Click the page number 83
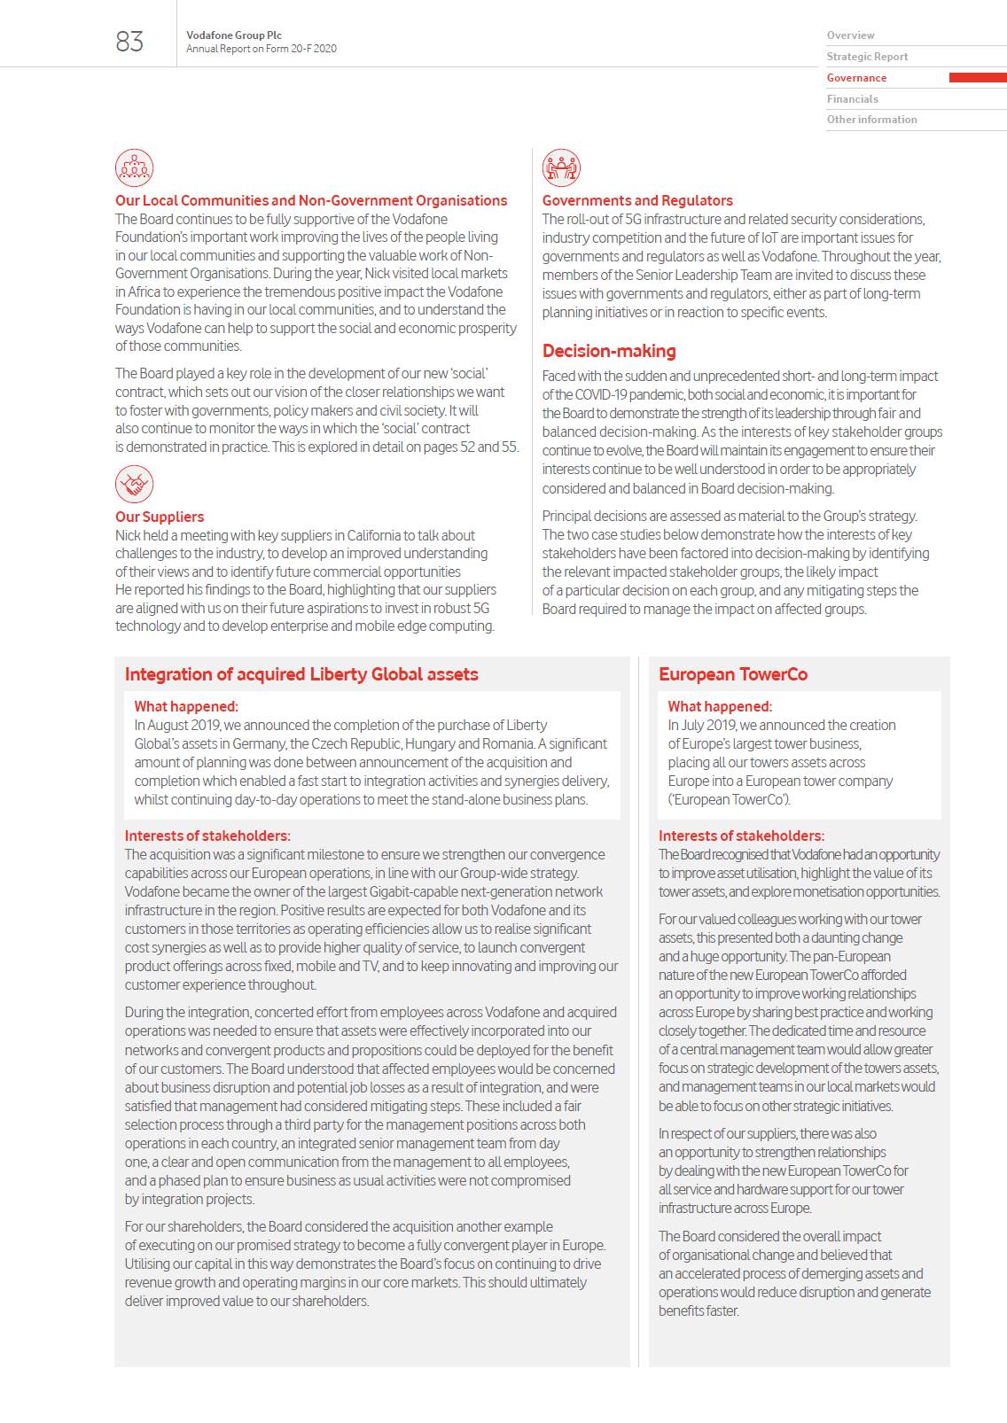click(x=129, y=42)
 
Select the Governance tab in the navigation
click(x=856, y=78)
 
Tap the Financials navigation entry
click(x=852, y=99)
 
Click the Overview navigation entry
click(x=850, y=35)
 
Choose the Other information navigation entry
click(x=871, y=120)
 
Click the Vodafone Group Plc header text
click(x=234, y=35)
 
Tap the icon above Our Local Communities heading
click(x=134, y=167)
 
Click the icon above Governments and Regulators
click(x=561, y=167)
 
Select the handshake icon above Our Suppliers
click(x=134, y=484)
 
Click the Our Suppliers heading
click(x=160, y=517)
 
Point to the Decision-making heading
click(x=609, y=351)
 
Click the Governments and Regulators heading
click(x=637, y=200)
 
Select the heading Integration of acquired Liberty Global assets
click(x=301, y=674)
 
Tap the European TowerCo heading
click(x=733, y=674)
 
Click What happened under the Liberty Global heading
click(x=186, y=706)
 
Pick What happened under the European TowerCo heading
click(x=720, y=706)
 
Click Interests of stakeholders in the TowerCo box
click(x=741, y=836)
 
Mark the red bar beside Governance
click(x=977, y=78)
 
